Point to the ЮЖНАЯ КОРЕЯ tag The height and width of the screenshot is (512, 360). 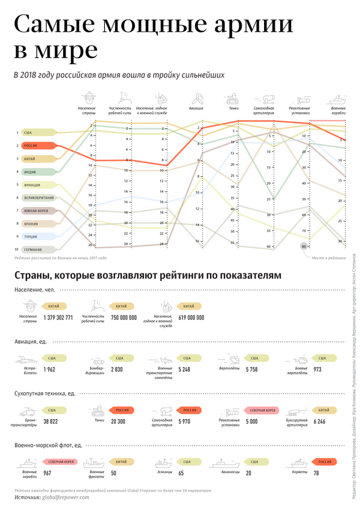click(x=38, y=210)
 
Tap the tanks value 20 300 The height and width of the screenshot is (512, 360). click(x=118, y=421)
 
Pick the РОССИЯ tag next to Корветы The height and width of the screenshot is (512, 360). click(x=324, y=462)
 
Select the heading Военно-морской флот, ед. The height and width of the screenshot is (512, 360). click(x=48, y=445)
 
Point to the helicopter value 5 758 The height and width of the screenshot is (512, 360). click(x=251, y=369)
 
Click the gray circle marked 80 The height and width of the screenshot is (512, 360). click(x=304, y=246)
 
